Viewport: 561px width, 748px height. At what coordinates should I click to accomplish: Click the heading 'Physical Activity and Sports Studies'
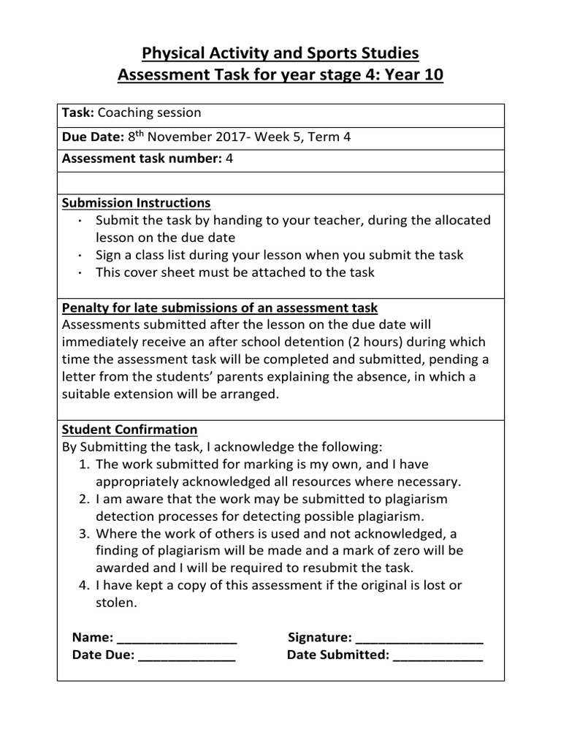pyautogui.click(x=280, y=53)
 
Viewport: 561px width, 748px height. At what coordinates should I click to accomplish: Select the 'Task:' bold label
pyautogui.click(x=78, y=113)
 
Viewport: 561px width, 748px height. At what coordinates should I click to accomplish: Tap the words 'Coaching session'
pyautogui.click(x=149, y=113)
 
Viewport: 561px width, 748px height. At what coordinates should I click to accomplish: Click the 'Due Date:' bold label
pyautogui.click(x=93, y=137)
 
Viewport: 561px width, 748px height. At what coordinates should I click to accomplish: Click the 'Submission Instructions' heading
pyautogui.click(x=137, y=203)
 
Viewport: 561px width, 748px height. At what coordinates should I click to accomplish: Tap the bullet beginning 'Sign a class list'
pyautogui.click(x=279, y=255)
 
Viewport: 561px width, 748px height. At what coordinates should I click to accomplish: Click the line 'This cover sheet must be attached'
pyautogui.click(x=234, y=272)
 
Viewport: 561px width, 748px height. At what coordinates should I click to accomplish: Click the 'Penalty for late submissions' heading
pyautogui.click(x=220, y=308)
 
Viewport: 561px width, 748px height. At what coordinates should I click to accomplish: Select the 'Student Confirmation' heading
pyautogui.click(x=130, y=430)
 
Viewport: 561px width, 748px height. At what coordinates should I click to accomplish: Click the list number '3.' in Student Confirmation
pyautogui.click(x=84, y=533)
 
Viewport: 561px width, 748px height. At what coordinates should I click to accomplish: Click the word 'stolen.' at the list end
pyautogui.click(x=116, y=603)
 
